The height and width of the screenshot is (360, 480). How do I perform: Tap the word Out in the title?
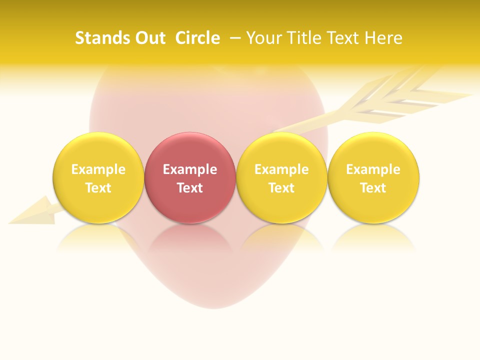[x=149, y=38]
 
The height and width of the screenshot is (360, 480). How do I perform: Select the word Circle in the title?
[x=197, y=38]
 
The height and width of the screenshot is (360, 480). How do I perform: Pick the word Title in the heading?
[x=302, y=38]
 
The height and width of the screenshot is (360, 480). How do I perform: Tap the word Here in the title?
[x=383, y=38]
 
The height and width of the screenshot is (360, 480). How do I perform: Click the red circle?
[x=190, y=177]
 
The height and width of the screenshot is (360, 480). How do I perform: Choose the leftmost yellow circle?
[x=98, y=177]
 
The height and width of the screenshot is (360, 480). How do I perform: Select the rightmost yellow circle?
[x=373, y=177]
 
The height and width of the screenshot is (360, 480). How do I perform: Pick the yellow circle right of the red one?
[x=281, y=177]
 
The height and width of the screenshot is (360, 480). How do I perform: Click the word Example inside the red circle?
[x=190, y=169]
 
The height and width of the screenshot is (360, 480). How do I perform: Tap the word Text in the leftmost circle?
[x=98, y=188]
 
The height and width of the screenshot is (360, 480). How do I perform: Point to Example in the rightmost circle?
[x=373, y=169]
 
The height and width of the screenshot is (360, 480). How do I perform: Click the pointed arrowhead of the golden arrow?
[x=30, y=212]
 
